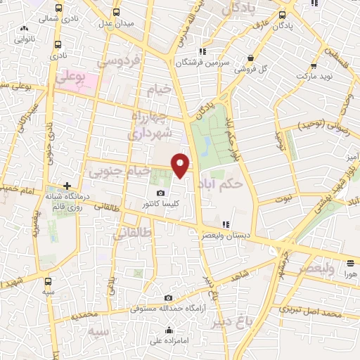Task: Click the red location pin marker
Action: click(x=181, y=165)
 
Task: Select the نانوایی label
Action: click(x=25, y=40)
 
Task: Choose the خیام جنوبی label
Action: click(x=117, y=171)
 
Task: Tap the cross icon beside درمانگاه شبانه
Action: click(x=67, y=186)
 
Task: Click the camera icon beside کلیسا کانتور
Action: click(x=160, y=193)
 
